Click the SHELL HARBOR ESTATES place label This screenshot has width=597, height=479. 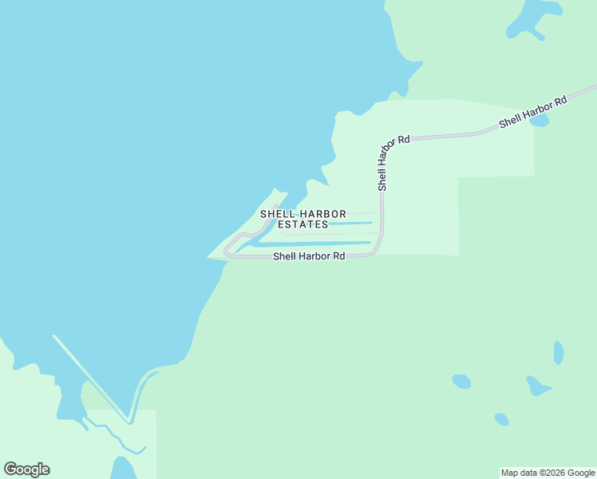point(303,219)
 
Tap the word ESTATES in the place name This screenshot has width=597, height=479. point(303,224)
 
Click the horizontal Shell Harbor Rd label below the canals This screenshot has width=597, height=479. point(309,256)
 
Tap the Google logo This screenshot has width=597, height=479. point(26,469)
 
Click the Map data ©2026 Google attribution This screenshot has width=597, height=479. point(548,473)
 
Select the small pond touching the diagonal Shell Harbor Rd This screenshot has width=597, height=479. point(540,121)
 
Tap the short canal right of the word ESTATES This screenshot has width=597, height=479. point(351,224)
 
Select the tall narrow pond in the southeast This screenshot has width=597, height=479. point(559,352)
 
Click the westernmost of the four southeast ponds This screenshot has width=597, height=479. point(461,382)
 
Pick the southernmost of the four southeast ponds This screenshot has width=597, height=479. point(501,419)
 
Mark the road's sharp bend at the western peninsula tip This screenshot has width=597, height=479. point(227,250)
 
